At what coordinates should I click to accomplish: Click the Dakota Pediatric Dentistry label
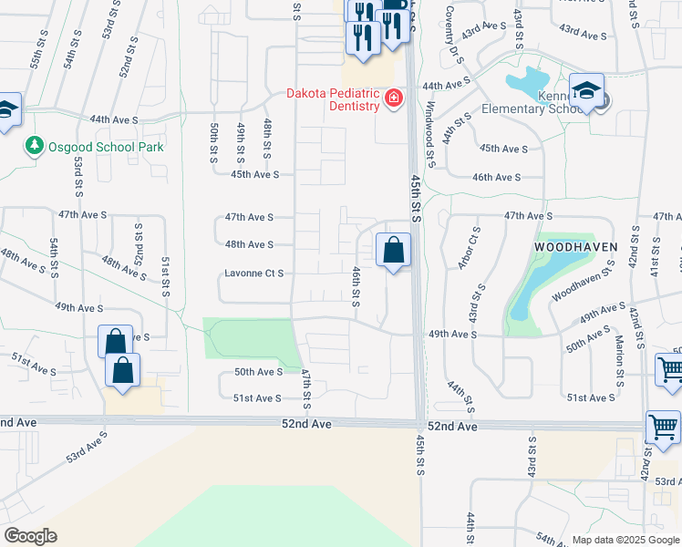332,99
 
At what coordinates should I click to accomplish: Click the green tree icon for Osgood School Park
35,146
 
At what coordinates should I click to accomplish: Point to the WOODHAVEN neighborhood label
575,247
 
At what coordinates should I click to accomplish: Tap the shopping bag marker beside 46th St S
393,249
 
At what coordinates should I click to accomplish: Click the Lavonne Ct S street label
254,273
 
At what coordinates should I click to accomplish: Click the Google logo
30,536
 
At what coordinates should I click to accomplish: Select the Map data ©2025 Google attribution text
625,540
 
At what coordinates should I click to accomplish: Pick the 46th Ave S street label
496,178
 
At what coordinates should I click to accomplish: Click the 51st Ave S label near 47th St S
258,398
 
